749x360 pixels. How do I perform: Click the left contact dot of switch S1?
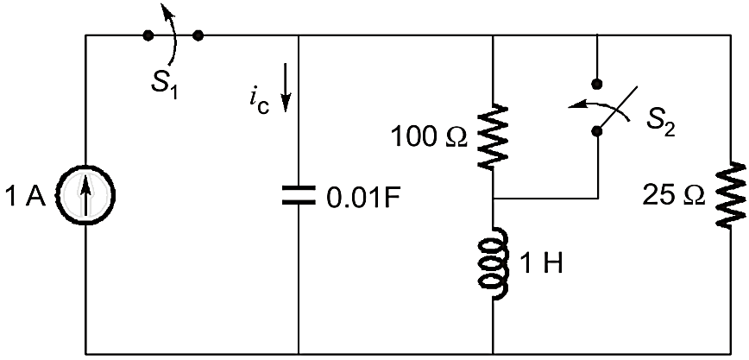point(148,35)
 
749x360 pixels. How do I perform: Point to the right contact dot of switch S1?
point(198,35)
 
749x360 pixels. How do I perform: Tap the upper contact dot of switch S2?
point(595,84)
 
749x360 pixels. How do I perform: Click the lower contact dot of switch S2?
point(595,131)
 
